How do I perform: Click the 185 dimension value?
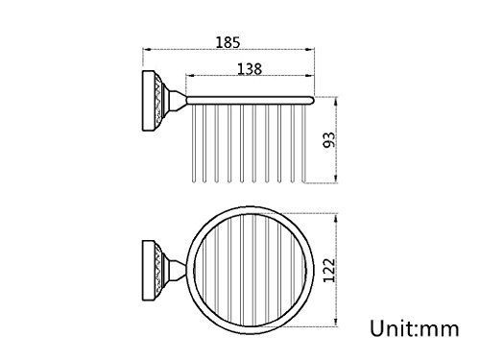228,42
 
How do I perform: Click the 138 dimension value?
250,69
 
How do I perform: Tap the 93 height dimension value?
329,140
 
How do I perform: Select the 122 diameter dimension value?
329,271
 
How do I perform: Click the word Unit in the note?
391,328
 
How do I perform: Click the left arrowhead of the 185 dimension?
147,50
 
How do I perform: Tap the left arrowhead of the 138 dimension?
190,76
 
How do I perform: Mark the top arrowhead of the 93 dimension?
336,102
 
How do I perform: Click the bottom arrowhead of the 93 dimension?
336,179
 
